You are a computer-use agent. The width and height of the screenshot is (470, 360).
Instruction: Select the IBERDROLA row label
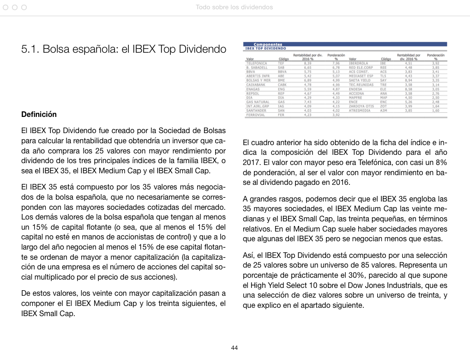pos(358,63)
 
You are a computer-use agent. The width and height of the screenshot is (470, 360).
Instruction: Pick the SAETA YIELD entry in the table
pos(360,80)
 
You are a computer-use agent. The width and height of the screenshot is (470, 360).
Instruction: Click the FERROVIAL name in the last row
pos(256,115)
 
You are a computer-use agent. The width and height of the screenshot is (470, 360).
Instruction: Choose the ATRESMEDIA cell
pos(360,110)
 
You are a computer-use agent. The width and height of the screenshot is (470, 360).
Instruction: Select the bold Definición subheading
pos(39,114)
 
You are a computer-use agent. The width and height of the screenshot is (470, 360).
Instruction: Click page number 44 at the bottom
pos(235,348)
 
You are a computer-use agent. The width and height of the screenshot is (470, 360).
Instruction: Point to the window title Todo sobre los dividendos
pos(235,7)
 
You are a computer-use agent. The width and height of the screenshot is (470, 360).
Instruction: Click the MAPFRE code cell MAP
pos(383,98)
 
